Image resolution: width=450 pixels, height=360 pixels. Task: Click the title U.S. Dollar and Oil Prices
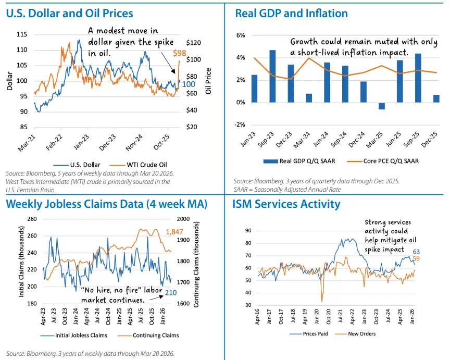click(x=69, y=13)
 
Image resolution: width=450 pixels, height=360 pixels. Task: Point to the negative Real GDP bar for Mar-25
click(x=381, y=106)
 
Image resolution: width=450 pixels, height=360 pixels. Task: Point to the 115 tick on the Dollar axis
click(x=22, y=34)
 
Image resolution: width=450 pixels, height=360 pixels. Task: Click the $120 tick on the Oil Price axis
click(x=193, y=43)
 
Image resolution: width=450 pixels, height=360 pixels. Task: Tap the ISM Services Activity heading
click(x=286, y=204)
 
